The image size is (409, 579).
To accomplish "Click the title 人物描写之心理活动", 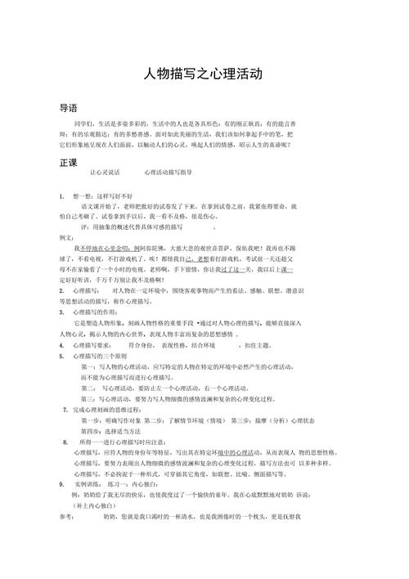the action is click(x=203, y=74).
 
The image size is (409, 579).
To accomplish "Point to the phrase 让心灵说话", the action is click(x=104, y=174).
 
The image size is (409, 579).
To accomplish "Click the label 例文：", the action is click(x=70, y=236).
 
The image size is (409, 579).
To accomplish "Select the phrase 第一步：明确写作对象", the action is click(x=111, y=420).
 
